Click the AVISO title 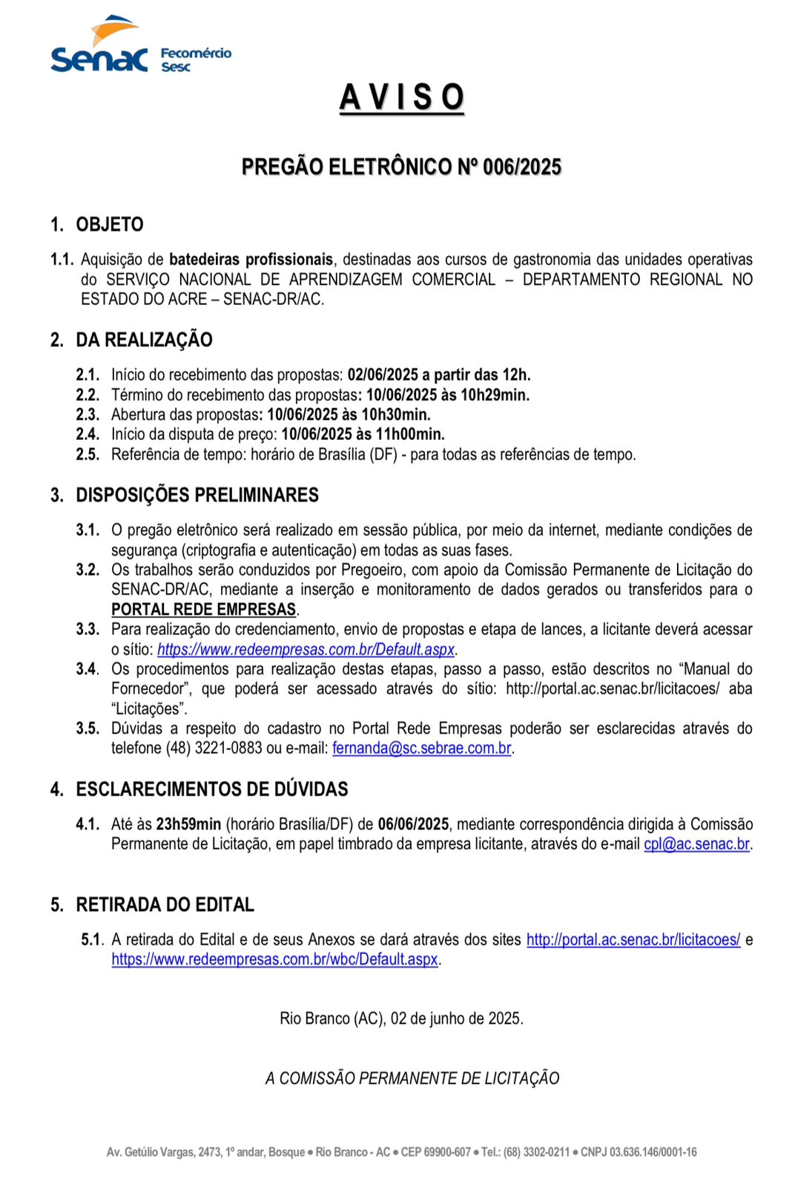pos(402,98)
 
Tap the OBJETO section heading pos(109,225)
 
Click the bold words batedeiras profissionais pos(251,260)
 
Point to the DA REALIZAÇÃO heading pos(144,340)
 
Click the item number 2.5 pos(88,454)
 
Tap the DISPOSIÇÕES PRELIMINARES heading pos(197,495)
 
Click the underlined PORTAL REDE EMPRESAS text pos(204,609)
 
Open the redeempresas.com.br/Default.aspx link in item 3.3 pos(306,649)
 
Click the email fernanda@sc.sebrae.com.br pos(421,748)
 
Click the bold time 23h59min pos(188,824)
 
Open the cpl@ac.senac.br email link pos(696,844)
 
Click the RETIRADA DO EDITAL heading pos(165,904)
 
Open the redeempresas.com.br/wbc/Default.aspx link pos(274,959)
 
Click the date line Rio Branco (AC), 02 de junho pos(401,1019)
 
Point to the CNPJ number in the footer pos(653,1152)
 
